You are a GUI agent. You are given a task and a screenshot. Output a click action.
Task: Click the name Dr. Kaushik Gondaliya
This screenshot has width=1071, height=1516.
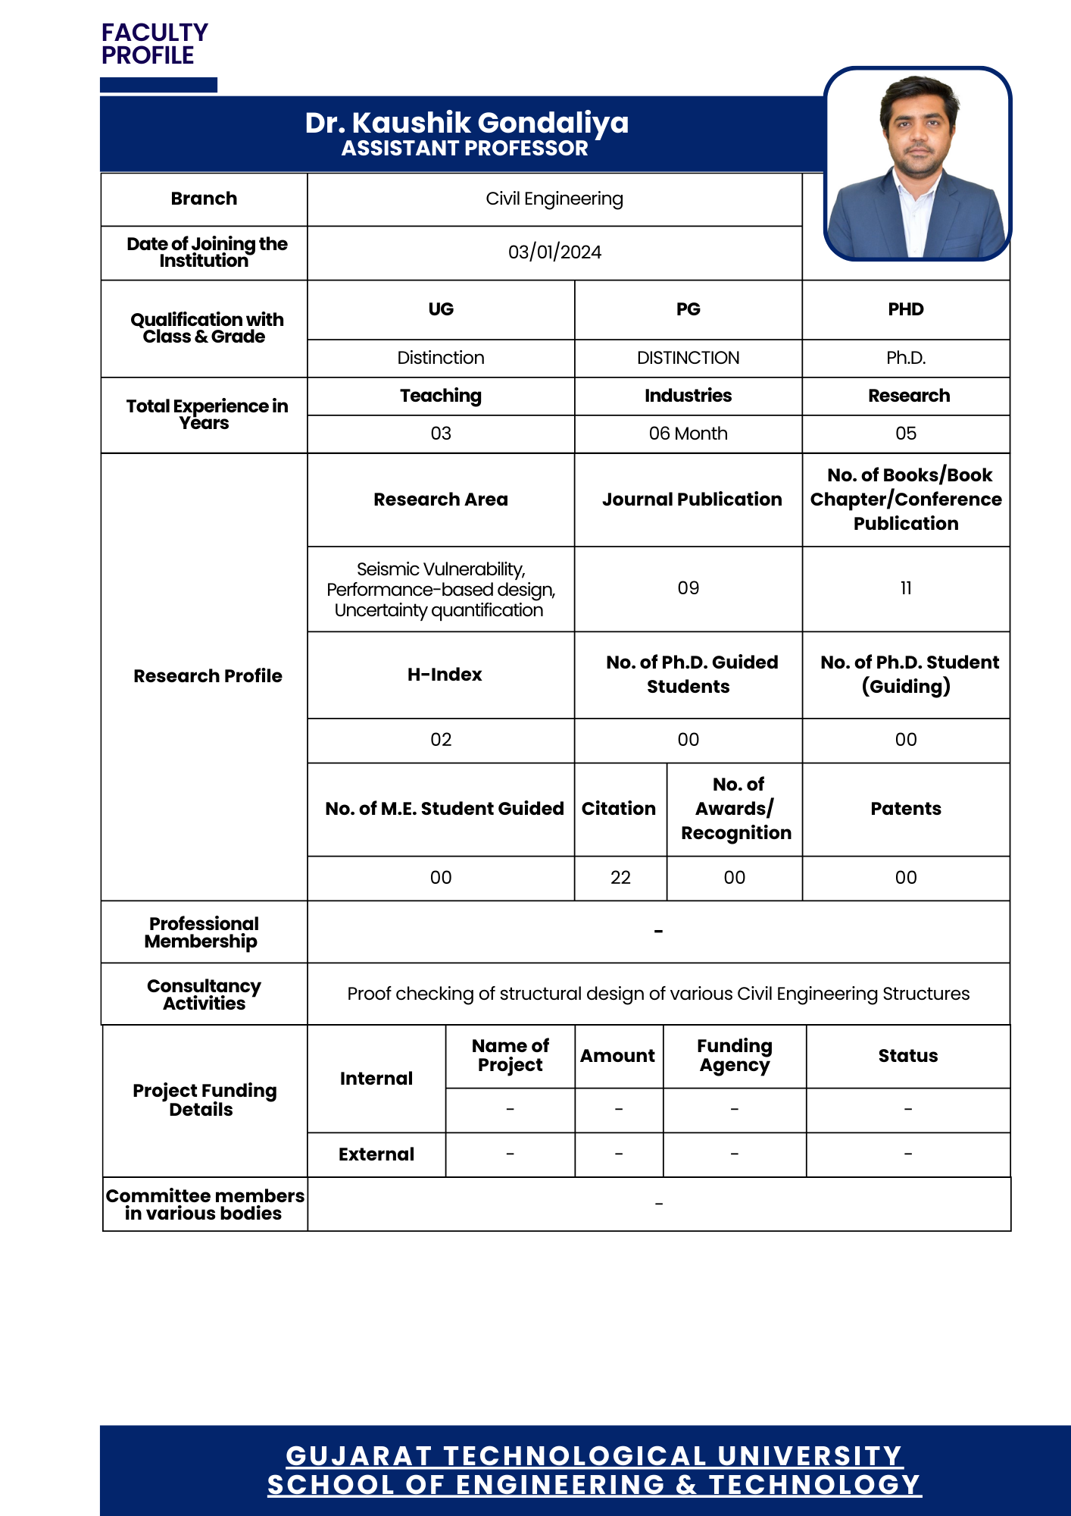click(467, 123)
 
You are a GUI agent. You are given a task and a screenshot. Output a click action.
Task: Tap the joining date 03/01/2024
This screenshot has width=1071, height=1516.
click(554, 252)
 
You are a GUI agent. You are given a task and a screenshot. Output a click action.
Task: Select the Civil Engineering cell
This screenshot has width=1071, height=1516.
click(554, 199)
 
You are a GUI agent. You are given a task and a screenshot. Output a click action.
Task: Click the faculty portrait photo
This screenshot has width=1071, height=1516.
click(917, 164)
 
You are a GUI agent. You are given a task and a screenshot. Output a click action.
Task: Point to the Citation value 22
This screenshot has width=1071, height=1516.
click(620, 878)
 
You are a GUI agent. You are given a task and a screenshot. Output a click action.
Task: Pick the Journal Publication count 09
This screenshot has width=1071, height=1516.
click(688, 588)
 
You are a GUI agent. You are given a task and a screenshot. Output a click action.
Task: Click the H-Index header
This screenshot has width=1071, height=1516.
click(445, 675)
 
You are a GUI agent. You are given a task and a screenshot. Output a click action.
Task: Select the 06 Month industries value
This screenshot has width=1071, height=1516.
click(688, 434)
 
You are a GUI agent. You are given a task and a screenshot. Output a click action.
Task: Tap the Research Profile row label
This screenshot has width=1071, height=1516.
click(208, 676)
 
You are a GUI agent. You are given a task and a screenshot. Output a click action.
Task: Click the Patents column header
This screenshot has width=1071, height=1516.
click(906, 809)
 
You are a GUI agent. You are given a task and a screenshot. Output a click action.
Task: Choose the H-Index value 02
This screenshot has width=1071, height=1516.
click(441, 740)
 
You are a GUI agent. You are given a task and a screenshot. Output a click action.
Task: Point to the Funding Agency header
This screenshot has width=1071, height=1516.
click(734, 1056)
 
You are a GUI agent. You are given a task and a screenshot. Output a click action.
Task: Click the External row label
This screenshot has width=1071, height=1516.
click(376, 1154)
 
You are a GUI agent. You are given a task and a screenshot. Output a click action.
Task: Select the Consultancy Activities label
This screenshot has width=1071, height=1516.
click(204, 994)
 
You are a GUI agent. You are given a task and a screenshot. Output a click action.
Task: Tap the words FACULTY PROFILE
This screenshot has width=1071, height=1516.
click(155, 44)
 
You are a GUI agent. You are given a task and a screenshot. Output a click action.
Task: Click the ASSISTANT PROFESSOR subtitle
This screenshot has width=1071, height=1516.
click(464, 149)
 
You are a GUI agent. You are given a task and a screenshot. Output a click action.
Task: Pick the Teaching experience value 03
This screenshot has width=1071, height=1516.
click(441, 434)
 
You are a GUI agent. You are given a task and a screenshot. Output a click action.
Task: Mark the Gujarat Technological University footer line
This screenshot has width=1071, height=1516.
click(594, 1456)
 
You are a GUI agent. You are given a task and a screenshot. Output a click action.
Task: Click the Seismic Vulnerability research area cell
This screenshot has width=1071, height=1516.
click(441, 590)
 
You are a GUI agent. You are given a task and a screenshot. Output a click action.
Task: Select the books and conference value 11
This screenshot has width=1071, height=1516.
click(906, 588)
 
